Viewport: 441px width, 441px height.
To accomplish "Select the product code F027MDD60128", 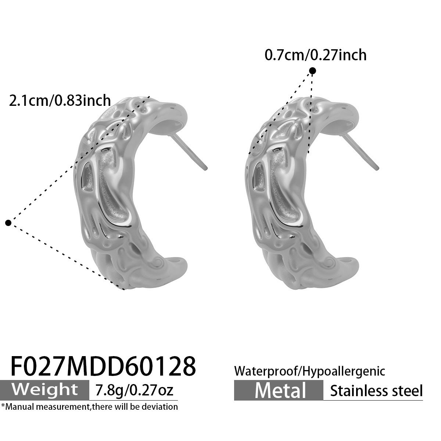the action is pyautogui.click(x=103, y=366).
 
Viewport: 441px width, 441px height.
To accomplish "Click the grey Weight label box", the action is pyautogui.click(x=44, y=390).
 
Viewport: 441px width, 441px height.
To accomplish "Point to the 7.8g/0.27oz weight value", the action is pyautogui.click(x=134, y=390).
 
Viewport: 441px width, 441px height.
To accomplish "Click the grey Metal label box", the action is pyautogui.click(x=279, y=390).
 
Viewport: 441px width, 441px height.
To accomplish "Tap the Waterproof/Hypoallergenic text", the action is pyautogui.click(x=309, y=371).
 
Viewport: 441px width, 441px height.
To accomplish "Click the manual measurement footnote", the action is pyautogui.click(x=89, y=407).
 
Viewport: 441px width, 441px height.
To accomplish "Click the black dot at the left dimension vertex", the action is pyautogui.click(x=8, y=223).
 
